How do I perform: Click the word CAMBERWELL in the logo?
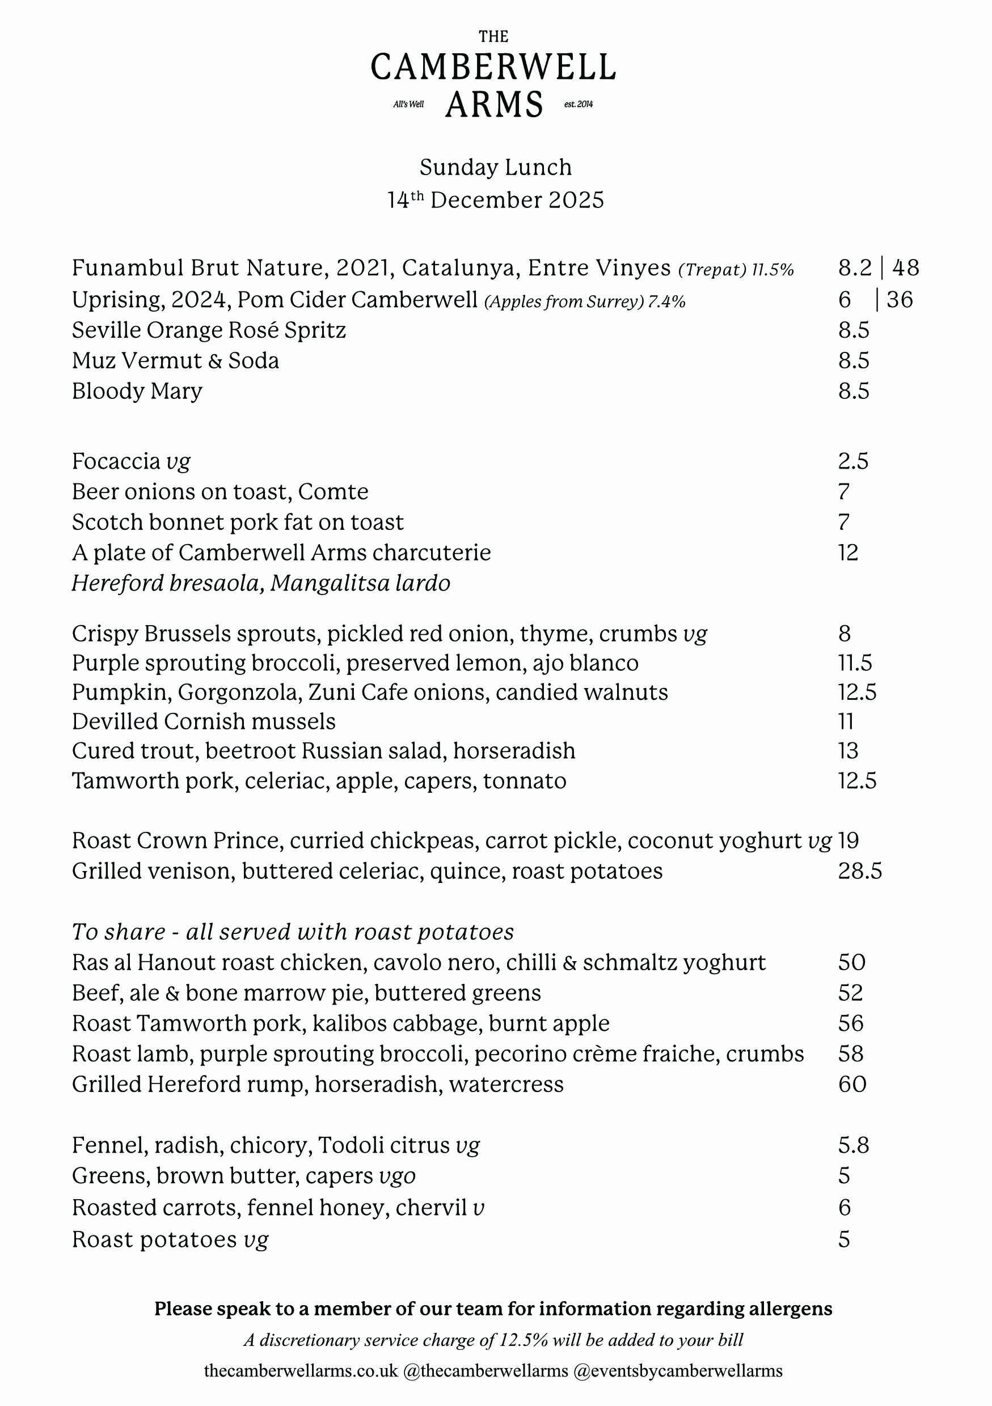point(493,67)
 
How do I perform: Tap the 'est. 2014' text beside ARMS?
point(578,105)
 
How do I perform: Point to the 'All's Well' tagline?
point(409,105)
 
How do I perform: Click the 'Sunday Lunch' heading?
point(496,167)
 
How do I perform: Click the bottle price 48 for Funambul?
point(906,267)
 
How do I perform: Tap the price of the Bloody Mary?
point(854,391)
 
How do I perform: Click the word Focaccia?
point(116,461)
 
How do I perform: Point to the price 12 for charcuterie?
point(848,553)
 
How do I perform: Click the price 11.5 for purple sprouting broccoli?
point(855,663)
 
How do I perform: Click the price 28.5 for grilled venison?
point(860,872)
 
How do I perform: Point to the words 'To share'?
point(118,932)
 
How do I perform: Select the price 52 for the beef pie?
point(850,993)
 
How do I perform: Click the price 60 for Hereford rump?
point(852,1085)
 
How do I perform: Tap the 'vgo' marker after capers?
point(397,1176)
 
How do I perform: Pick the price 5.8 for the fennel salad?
point(854,1146)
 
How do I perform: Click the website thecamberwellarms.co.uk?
point(301,1370)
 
